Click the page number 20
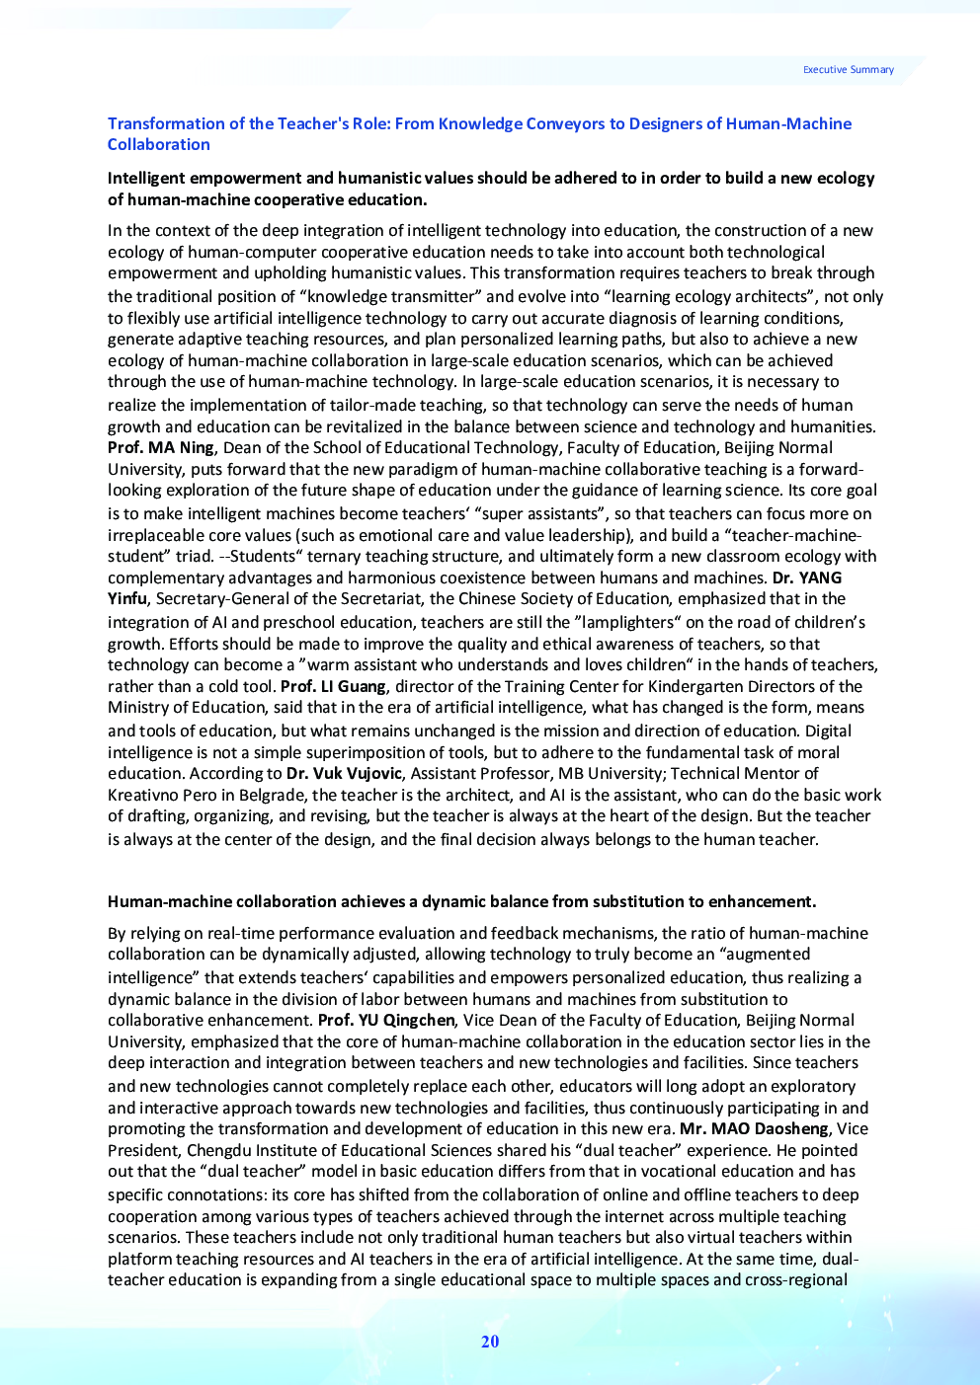490,1342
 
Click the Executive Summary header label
848,70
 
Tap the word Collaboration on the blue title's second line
158,144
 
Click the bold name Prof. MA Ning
160,448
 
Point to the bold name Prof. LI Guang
333,686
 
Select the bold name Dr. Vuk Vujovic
344,773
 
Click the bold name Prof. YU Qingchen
386,1020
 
